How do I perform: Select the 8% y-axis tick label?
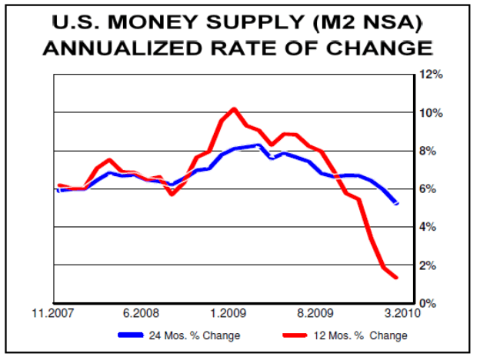coord(432,151)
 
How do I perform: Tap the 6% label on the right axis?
coord(432,189)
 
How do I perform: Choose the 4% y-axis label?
coord(432,227)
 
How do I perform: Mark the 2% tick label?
coord(432,265)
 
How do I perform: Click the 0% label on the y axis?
coord(432,303)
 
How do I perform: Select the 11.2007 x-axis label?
coord(54,314)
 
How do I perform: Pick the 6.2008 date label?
coord(141,314)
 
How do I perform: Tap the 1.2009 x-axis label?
coord(228,314)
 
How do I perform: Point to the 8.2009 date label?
coord(315,314)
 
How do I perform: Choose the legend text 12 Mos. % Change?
coord(361,335)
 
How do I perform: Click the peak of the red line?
coord(234,108)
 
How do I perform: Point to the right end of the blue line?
coord(397,204)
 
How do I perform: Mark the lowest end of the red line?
coord(396,278)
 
